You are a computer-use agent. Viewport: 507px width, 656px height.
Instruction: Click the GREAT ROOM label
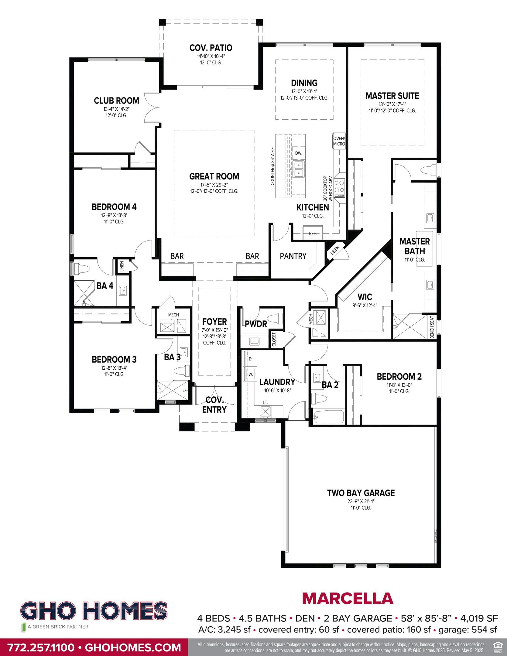(x=214, y=176)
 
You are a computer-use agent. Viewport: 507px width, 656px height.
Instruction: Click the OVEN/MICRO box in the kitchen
(x=339, y=141)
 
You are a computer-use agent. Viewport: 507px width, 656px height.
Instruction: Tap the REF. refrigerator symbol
(x=313, y=233)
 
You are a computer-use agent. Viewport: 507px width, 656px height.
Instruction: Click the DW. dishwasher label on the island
(x=298, y=153)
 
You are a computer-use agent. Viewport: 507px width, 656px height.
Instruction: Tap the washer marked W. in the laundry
(x=251, y=374)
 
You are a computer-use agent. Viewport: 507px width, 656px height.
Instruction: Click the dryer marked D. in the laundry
(x=251, y=359)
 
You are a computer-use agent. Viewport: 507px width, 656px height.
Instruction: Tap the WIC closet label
(x=365, y=297)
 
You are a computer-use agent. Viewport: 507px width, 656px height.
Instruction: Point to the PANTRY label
(x=293, y=256)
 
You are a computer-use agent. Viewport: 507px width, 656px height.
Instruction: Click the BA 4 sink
(x=123, y=291)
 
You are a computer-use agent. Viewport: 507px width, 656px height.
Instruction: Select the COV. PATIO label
(x=211, y=48)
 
